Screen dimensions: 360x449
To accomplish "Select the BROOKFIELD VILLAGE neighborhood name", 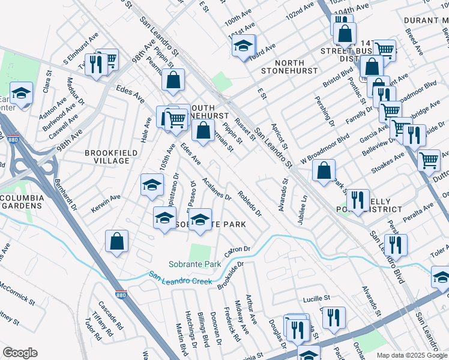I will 107,157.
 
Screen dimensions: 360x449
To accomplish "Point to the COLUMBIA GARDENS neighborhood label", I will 22,202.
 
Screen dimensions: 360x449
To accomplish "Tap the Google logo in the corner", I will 20,353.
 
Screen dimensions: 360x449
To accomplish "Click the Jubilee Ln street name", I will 304,207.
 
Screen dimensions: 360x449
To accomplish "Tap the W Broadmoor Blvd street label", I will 325,145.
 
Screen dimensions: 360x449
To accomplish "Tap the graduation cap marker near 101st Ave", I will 244,46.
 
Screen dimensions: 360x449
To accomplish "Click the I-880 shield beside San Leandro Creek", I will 121,280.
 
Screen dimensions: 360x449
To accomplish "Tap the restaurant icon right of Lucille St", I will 334,317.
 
